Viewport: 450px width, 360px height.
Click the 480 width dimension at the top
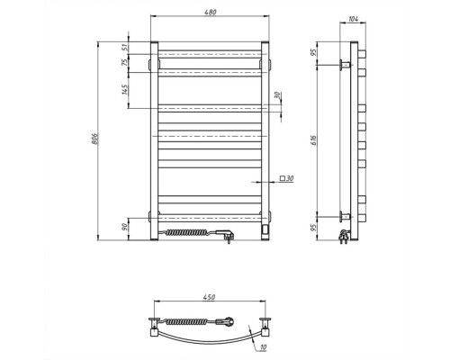click(x=211, y=13)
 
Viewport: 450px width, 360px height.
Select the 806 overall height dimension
click(x=94, y=139)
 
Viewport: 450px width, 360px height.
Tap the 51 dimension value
click(x=125, y=47)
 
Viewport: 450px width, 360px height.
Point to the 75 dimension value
click(x=125, y=62)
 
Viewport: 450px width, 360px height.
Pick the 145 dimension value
click(x=125, y=90)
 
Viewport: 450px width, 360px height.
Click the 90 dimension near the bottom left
click(x=125, y=227)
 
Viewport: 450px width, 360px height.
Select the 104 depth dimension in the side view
click(x=354, y=19)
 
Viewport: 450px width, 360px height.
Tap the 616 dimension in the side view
click(x=314, y=140)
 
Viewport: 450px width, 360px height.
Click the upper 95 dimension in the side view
click(x=314, y=52)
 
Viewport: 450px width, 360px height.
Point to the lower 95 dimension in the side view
click(x=314, y=228)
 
